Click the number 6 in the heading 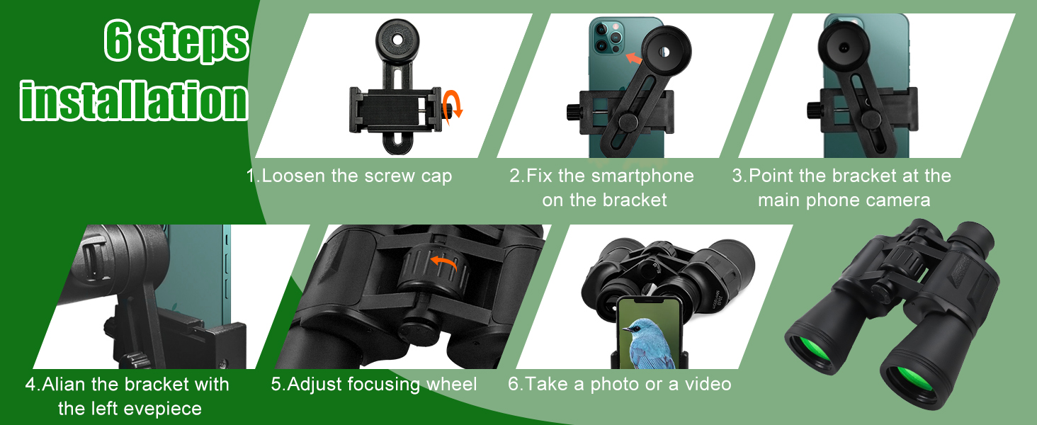point(117,40)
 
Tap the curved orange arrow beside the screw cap point(453,105)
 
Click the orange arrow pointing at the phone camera point(634,59)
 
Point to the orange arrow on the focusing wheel point(443,262)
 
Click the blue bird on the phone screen point(648,343)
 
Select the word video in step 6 point(708,384)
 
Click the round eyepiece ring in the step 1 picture point(397,40)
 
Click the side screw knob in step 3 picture point(813,110)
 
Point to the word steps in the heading point(194,43)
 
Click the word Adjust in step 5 point(314,385)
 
